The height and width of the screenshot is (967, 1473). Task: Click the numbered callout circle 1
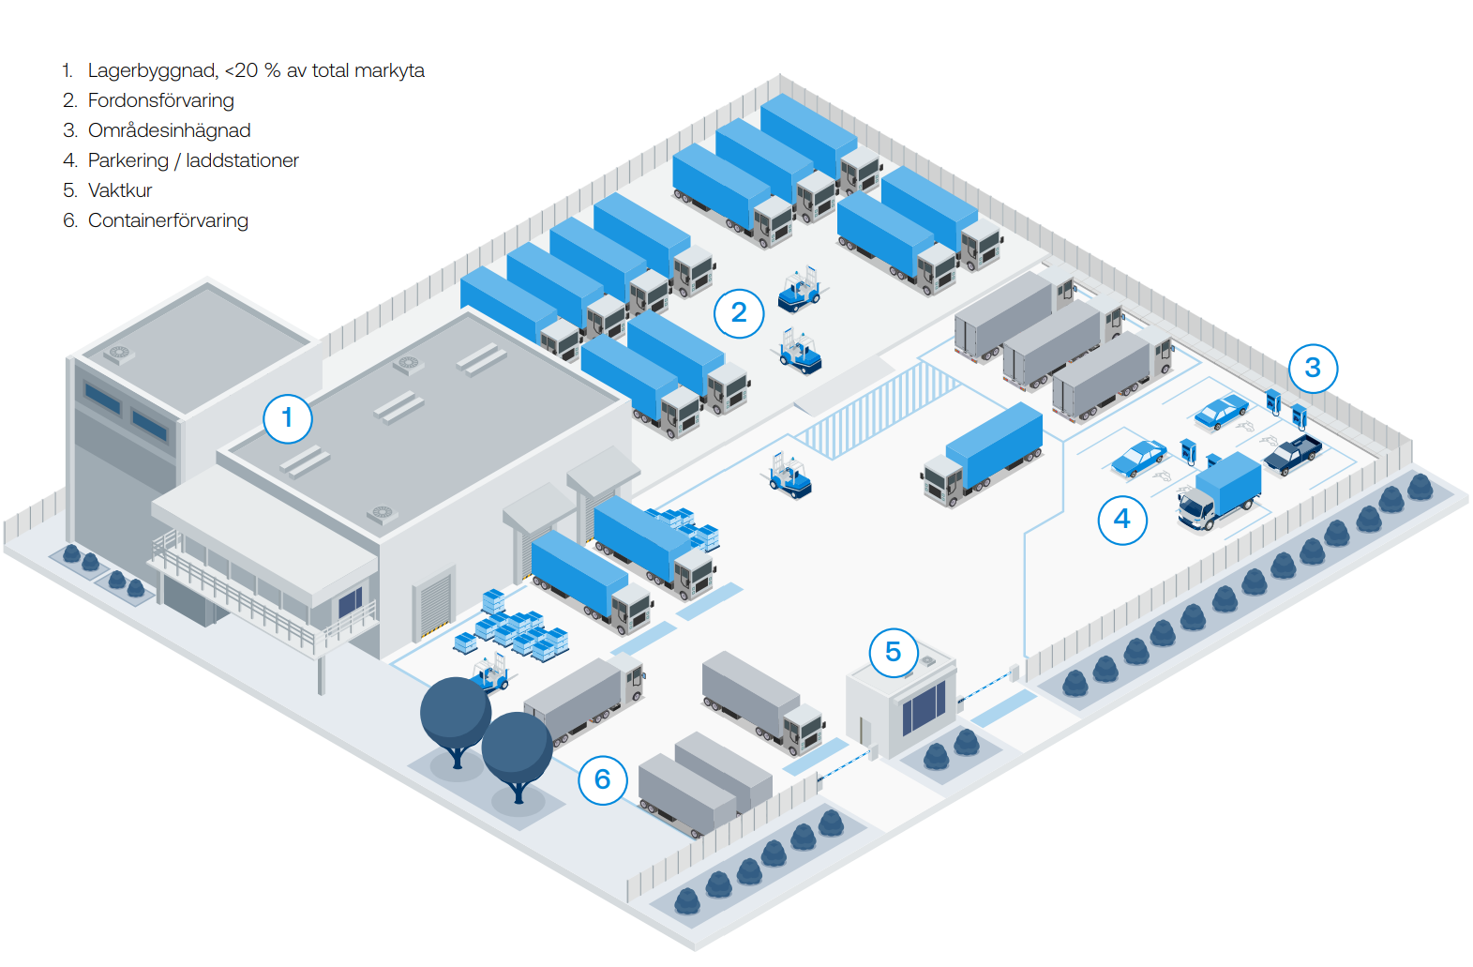pos(287,418)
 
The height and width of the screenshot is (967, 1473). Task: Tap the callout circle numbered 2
pos(739,312)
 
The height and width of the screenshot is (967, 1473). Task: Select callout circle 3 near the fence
pos(1313,368)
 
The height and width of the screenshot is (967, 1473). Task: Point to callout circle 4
pos(1122,520)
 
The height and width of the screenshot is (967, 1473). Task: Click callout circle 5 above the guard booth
pos(893,652)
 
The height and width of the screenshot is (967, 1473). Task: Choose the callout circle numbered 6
pos(602,779)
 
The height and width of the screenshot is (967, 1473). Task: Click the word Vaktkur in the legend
pos(120,190)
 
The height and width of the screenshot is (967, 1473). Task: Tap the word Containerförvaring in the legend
pos(168,220)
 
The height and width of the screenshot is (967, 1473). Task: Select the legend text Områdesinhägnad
pos(169,130)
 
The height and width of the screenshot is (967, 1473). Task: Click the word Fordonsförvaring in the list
pos(160,100)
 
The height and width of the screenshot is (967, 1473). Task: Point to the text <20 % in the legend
pos(252,70)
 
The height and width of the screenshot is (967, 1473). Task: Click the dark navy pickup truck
pos(1293,454)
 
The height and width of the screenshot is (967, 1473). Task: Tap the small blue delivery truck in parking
pos(1218,491)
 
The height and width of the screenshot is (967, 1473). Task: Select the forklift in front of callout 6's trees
pos(489,673)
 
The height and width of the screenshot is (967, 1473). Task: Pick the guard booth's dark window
pos(924,708)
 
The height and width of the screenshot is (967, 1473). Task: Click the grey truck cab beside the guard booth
pos(803,729)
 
